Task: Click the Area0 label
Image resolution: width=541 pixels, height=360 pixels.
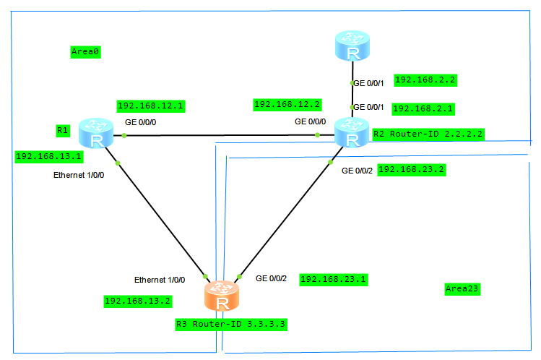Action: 85,51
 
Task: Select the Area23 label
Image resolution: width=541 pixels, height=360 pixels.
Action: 462,289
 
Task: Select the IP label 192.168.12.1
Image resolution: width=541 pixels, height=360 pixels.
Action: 150,106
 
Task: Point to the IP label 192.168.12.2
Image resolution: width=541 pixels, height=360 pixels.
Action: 287,105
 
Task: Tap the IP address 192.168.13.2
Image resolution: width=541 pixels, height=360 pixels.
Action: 138,301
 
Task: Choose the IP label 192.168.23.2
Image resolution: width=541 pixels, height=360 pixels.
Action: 411,170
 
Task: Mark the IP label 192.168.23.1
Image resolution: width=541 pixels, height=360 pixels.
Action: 332,279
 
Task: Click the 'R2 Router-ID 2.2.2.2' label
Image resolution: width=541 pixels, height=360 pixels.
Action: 428,134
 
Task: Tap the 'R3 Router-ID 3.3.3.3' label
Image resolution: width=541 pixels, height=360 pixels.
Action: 231,325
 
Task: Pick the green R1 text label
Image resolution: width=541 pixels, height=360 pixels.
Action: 62,131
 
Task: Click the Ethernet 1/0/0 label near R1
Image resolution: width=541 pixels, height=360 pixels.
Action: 79,175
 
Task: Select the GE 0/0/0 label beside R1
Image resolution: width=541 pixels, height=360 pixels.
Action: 140,122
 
